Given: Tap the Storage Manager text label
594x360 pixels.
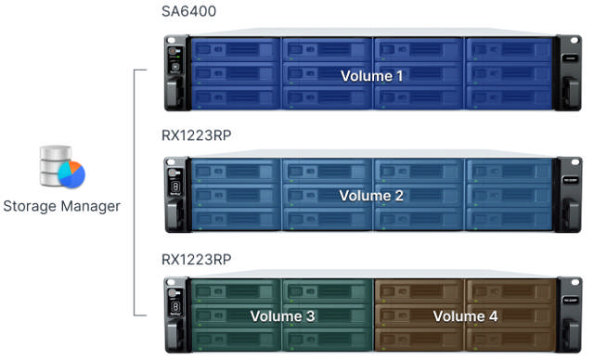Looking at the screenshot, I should coord(61,206).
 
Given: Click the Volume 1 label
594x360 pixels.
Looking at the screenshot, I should coord(372,75).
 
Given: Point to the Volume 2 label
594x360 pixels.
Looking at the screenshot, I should coord(371,196).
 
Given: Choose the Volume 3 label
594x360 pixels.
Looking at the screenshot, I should coord(283,316).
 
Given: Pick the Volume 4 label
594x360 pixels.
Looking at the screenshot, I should coord(465,316).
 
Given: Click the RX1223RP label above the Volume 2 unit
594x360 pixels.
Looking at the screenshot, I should coord(196,135).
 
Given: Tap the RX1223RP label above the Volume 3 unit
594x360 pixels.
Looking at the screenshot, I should coord(196,257).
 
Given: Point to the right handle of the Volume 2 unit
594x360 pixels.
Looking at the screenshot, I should coord(569,196).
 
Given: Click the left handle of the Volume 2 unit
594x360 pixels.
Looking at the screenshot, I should coord(173,196).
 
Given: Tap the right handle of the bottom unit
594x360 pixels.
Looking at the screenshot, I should coord(569,315).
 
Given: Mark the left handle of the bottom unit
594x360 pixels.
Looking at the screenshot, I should coord(173,315).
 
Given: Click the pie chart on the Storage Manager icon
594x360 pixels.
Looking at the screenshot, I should coord(71,174).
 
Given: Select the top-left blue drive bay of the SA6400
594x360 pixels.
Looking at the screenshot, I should coord(234,48).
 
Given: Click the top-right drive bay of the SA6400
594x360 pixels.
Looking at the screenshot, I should coord(509,48).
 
